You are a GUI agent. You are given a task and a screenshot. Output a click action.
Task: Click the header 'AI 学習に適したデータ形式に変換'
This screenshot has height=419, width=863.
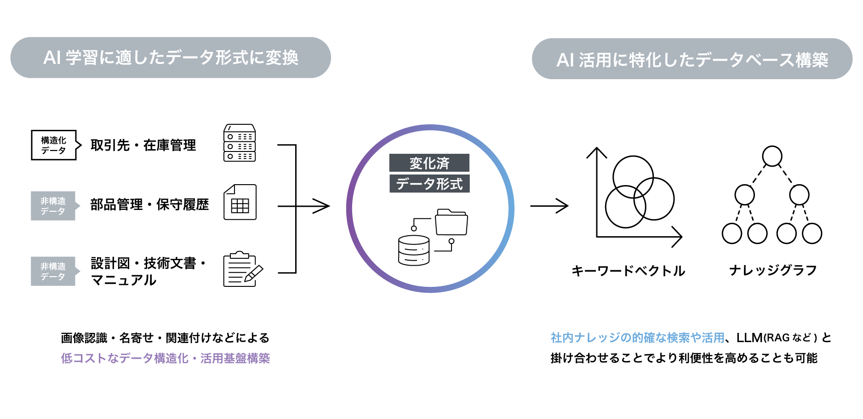coord(171,58)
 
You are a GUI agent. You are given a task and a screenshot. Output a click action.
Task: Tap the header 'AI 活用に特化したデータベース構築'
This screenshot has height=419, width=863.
coord(692,59)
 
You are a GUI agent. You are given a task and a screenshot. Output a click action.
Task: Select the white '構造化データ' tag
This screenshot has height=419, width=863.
coord(54,145)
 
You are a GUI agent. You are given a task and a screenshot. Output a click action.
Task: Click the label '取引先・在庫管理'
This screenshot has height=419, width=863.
coord(143,145)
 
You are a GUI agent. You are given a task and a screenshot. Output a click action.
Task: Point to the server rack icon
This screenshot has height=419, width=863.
coord(240,143)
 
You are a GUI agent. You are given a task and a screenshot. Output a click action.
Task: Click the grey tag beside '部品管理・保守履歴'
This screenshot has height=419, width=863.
coord(53,206)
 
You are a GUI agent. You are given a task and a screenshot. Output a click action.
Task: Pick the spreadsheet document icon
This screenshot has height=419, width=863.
coord(240,203)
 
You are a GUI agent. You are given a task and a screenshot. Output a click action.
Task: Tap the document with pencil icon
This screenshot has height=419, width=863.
coord(242,270)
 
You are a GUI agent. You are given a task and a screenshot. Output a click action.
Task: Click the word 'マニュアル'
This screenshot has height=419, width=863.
coord(124,280)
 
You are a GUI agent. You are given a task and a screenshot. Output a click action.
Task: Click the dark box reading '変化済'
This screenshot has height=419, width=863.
coord(429,163)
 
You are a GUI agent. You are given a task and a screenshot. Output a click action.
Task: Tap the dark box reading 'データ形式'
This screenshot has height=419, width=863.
coord(429,183)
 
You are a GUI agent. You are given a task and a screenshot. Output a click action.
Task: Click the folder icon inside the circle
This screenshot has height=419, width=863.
coord(451,222)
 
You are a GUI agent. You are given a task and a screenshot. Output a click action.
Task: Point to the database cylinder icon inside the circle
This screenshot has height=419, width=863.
coord(414,250)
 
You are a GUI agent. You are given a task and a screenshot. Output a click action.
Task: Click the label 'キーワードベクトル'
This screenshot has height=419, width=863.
coord(628,271)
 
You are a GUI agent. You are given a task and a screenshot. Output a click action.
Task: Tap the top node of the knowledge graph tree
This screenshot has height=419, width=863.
coord(772,156)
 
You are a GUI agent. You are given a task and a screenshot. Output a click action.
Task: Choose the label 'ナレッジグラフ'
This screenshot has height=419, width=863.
coord(773,270)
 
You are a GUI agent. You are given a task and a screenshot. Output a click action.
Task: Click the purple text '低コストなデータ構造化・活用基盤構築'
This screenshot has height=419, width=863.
coord(165,358)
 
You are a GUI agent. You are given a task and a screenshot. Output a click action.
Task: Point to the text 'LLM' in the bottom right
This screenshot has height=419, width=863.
coord(749,338)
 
